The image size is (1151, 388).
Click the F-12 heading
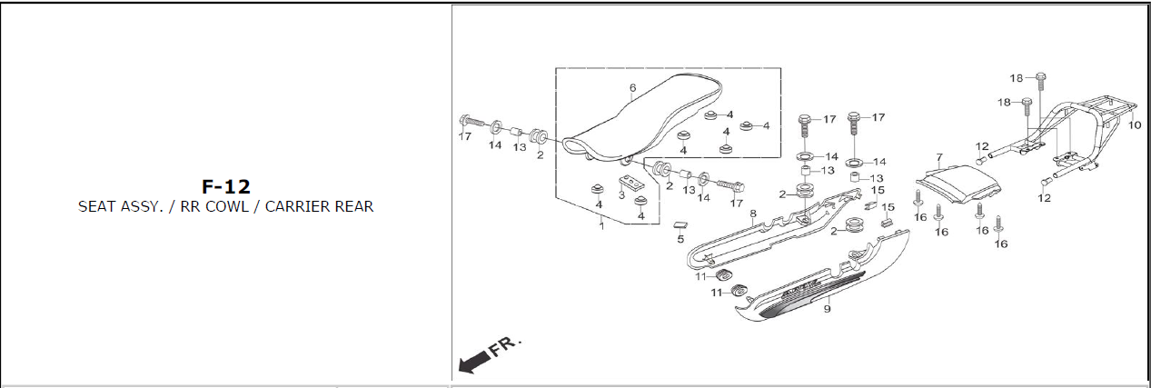pyautogui.click(x=225, y=186)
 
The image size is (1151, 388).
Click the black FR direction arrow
pyautogui.click(x=473, y=363)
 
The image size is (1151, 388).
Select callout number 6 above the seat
pyautogui.click(x=632, y=88)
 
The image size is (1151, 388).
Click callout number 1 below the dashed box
pyautogui.click(x=600, y=226)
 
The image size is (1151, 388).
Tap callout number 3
pyautogui.click(x=621, y=195)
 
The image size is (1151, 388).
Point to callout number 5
pyautogui.click(x=680, y=239)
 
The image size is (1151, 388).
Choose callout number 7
pyautogui.click(x=939, y=157)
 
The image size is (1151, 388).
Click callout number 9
pyautogui.click(x=827, y=310)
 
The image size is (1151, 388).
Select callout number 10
pyautogui.click(x=1134, y=124)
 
